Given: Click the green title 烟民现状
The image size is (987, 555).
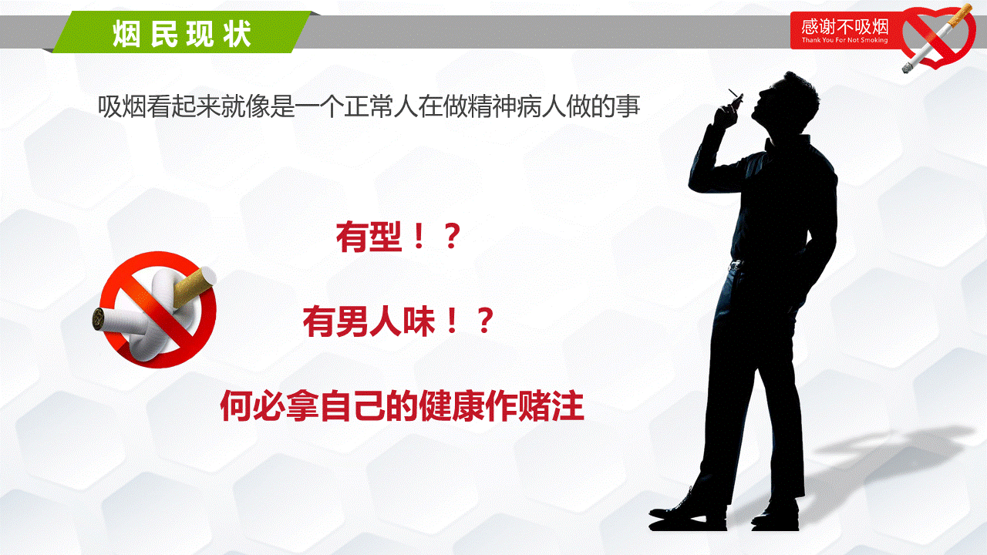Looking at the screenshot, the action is point(182,33).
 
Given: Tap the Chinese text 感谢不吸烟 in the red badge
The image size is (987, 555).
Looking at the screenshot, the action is point(844,27).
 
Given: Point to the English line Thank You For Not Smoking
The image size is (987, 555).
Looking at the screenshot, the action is point(844,40).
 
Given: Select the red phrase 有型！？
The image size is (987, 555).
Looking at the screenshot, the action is point(399,237).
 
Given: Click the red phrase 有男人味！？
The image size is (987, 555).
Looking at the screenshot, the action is point(399,321).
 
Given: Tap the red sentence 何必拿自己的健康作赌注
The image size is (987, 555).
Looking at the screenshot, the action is point(402,405).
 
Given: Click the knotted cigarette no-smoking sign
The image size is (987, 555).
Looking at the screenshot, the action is point(155,310).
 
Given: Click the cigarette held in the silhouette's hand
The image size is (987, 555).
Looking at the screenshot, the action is point(736,96).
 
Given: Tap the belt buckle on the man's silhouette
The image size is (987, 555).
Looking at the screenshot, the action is point(736,264).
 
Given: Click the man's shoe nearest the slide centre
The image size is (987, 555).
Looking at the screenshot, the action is point(687,512).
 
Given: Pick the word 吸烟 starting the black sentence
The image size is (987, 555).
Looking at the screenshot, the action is point(122,106).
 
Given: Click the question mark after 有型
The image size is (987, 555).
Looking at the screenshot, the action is point(453,237).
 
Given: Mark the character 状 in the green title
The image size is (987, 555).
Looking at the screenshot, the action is point(237,33).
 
